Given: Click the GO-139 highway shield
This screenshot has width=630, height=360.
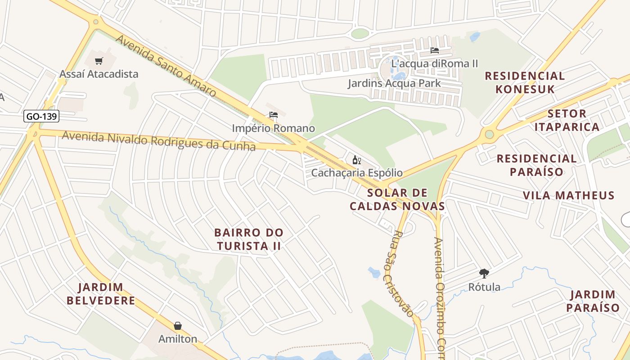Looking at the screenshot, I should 41,116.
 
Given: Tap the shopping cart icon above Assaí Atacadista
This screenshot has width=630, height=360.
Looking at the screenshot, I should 99,61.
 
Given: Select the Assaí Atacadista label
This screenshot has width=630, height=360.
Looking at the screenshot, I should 99,74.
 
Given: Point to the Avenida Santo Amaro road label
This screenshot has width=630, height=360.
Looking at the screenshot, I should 166,66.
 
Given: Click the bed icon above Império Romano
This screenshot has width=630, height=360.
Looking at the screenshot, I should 273,115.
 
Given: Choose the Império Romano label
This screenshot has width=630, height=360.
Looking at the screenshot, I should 273,128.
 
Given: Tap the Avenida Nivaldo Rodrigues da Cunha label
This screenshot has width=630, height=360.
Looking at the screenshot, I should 158,141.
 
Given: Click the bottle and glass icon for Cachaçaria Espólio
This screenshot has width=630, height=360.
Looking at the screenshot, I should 357,160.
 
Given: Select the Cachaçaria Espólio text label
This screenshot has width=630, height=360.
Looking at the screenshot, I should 357,173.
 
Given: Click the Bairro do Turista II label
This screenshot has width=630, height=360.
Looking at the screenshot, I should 249,239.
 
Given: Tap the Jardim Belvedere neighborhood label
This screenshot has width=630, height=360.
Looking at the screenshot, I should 101,294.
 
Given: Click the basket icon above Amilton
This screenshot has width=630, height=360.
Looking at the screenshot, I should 178,326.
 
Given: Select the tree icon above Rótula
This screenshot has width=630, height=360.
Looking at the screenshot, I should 484,273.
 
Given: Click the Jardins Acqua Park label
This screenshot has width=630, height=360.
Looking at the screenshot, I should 394,83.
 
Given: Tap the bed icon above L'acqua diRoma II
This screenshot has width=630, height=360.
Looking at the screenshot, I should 435,50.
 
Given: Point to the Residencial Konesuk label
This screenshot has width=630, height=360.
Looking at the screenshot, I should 525,82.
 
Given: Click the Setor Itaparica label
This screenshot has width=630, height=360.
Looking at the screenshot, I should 567,120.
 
